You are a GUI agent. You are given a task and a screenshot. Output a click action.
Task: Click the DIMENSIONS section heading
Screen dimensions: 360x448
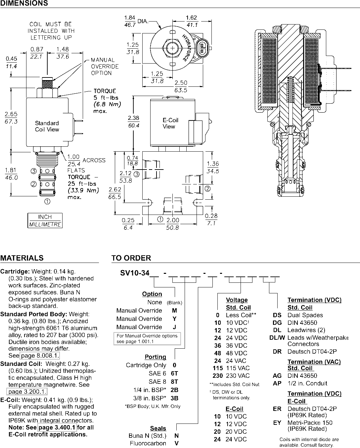24,3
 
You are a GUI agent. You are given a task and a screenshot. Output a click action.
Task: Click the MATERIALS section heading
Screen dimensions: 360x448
22,258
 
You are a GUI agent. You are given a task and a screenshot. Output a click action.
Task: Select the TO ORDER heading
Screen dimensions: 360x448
131,258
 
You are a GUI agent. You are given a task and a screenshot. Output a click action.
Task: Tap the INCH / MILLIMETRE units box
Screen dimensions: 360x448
45,221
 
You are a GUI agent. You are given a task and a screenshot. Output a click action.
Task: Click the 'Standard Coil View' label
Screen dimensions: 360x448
47,126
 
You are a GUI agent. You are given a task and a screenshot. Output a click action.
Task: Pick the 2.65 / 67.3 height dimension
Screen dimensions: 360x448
11,118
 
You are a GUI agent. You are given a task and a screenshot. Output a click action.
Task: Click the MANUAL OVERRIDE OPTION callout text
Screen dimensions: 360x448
105,67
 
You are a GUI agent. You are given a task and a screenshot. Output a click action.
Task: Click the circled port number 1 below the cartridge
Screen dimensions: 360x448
47,201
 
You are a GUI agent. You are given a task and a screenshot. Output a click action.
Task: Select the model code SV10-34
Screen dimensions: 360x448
135,273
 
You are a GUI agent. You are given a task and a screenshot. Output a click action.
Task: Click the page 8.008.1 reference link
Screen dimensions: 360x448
39,355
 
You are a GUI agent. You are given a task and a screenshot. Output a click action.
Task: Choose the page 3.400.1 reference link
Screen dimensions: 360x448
57,427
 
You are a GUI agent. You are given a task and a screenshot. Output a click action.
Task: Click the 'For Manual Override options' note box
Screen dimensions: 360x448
147,339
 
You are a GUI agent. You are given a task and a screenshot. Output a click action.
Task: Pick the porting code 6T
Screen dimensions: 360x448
174,373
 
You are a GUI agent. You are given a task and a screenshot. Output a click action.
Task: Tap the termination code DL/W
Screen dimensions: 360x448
277,337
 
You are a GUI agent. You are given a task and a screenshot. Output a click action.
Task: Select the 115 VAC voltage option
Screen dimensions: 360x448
231,368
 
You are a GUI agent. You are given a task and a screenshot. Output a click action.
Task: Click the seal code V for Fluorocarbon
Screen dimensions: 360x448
176,443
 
